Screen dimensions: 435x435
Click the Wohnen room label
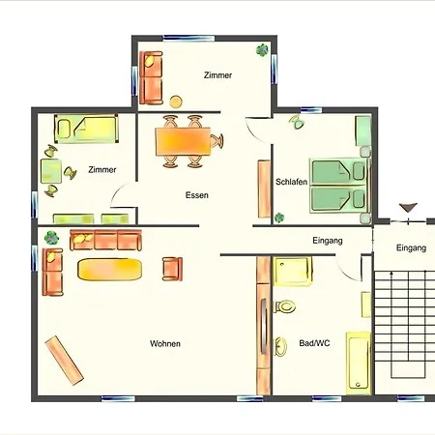click(165, 343)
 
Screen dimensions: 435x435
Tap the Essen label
click(197, 195)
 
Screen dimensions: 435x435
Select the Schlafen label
click(291, 182)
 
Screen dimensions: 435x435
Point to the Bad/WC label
click(314, 343)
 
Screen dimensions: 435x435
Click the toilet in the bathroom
click(284, 306)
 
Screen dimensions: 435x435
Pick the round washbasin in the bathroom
click(280, 346)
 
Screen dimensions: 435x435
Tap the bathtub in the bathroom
click(359, 363)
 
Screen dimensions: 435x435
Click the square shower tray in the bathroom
click(293, 272)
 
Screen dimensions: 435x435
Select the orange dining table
click(183, 142)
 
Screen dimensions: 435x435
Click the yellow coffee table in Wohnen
click(109, 269)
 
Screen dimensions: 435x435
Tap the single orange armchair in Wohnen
click(172, 269)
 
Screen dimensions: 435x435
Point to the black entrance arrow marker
click(408, 208)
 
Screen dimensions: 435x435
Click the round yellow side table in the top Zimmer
click(176, 101)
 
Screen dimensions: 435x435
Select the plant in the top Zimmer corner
click(262, 50)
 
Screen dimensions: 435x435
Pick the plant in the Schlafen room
click(279, 217)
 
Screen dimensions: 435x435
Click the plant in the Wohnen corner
click(51, 238)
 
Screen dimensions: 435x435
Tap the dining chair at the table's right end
click(217, 141)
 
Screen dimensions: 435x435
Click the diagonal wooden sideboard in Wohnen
click(65, 361)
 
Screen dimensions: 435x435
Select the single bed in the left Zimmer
click(86, 129)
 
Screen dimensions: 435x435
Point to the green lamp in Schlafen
click(297, 121)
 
